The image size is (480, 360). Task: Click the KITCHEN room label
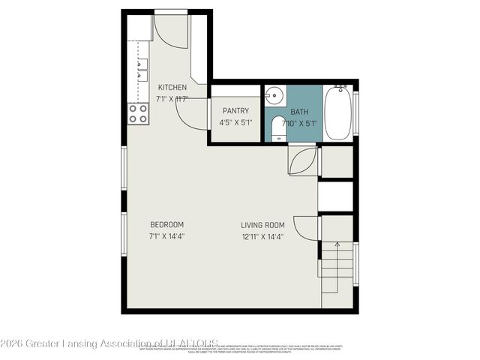(x=172, y=88)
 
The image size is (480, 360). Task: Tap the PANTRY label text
(x=235, y=111)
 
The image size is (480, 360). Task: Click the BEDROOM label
(x=167, y=224)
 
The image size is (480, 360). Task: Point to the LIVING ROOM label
(x=262, y=224)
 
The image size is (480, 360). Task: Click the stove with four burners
(x=138, y=113)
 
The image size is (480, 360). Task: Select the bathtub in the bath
(x=337, y=112)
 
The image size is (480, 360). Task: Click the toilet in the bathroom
(x=278, y=128)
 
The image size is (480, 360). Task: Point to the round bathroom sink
(x=273, y=97)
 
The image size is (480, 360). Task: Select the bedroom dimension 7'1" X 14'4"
(x=167, y=236)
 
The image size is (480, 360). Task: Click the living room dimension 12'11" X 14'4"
(x=262, y=236)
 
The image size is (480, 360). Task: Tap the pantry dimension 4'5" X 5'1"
(x=235, y=123)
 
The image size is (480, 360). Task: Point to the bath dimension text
(x=298, y=123)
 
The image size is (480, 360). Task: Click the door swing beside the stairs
(x=307, y=228)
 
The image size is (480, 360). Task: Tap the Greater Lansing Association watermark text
(x=111, y=343)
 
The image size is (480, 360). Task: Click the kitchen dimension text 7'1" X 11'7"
(x=172, y=99)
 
